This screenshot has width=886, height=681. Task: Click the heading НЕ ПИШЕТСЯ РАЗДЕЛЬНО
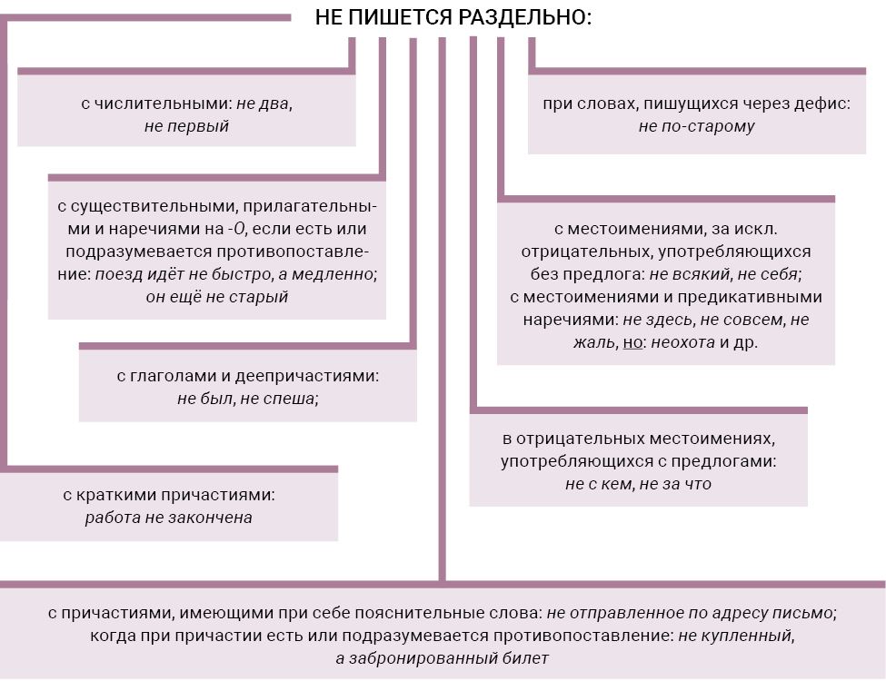pos(453,17)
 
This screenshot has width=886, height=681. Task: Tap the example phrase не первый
pos(186,126)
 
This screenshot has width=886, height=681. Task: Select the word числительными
pos(163,104)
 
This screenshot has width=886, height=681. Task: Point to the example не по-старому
pos(697,126)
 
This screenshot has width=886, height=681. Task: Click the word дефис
pos(821,104)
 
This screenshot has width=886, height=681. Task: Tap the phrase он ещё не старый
pos(217,296)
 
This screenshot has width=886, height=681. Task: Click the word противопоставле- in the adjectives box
pos(293,252)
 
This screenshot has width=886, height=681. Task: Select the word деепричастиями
pos(307,376)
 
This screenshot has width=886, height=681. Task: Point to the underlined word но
pos(632,342)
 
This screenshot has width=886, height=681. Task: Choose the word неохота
pos(683,342)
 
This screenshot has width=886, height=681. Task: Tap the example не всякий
pos(690,274)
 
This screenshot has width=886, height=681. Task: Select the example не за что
pos(675,484)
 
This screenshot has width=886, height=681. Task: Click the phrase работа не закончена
pos(168,518)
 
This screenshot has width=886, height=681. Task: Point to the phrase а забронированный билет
pos(442,658)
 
